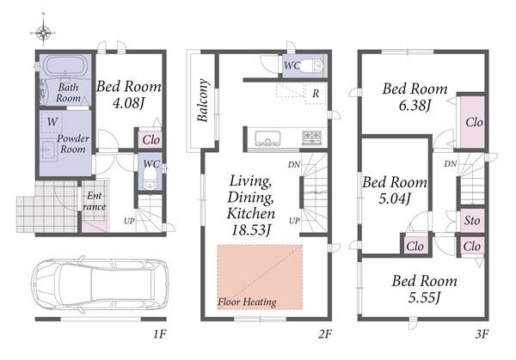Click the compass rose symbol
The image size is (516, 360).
tap(43, 32)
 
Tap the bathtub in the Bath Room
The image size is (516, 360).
tap(66, 66)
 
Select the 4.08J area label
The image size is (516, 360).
tap(128, 103)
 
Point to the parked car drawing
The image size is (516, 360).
tap(100, 284)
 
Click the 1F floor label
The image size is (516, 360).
tap(160, 334)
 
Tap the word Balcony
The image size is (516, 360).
tap(203, 101)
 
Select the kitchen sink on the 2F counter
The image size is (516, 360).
tap(267, 138)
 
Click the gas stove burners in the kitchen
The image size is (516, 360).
tap(311, 137)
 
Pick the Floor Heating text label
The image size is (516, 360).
tap(247, 302)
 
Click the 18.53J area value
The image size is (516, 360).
tap(251, 229)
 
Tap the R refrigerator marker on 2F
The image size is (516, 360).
tap(316, 94)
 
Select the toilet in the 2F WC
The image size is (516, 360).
tap(311, 66)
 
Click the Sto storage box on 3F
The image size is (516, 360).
tap(472, 220)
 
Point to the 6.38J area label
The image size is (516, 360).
tap(415, 106)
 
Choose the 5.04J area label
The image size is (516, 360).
tap(395, 198)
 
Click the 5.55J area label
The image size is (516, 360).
tap(425, 297)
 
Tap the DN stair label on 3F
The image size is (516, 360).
tap(450, 163)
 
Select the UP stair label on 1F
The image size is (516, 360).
tap(129, 221)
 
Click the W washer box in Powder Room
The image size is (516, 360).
tap(52, 122)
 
